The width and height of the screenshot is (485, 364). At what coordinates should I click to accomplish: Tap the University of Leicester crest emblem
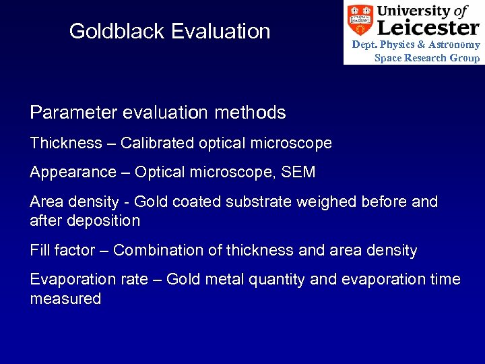[360, 21]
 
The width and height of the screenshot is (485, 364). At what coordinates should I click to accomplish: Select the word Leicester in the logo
[428, 28]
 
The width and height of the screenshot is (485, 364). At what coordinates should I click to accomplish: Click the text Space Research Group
[427, 58]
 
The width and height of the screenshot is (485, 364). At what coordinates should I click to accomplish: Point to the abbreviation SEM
[299, 173]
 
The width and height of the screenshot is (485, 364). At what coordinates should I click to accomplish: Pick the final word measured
[65, 299]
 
